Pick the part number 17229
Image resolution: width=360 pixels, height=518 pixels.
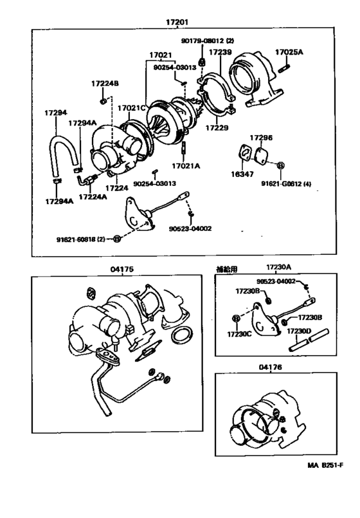tap(217, 128)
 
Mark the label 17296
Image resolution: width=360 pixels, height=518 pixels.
tap(261, 138)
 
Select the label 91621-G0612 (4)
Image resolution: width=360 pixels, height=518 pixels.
tap(287, 183)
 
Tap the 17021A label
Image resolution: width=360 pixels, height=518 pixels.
tap(187, 165)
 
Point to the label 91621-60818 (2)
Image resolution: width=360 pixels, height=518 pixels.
tap(81, 239)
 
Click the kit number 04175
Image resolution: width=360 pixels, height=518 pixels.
tap(121, 269)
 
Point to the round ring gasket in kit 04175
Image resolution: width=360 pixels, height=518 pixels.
tap(183, 335)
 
